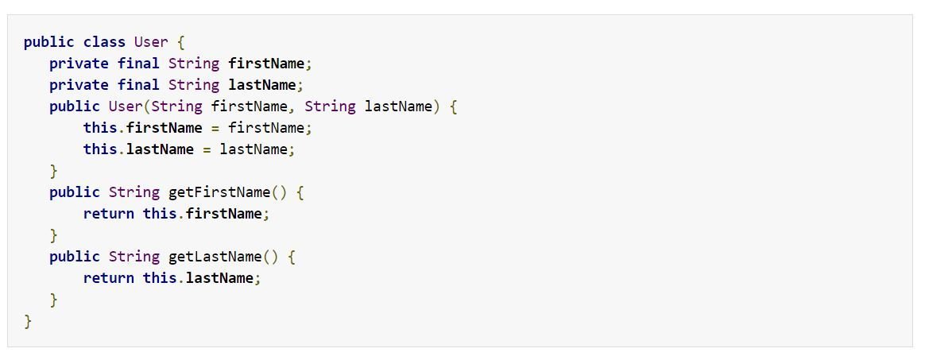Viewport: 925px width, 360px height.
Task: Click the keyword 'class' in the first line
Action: [104, 42]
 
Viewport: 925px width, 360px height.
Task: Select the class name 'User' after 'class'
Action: [151, 42]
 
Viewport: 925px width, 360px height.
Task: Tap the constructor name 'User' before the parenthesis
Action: [126, 106]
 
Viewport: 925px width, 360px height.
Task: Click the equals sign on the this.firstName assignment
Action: [215, 128]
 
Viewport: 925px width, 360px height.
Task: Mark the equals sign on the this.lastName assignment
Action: [207, 149]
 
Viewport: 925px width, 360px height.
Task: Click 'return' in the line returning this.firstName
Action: [109, 214]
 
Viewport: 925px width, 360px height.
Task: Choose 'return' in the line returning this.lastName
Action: [109, 278]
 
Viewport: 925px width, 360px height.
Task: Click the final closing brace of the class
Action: [29, 321]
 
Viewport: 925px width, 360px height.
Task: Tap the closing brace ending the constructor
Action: [54, 171]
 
